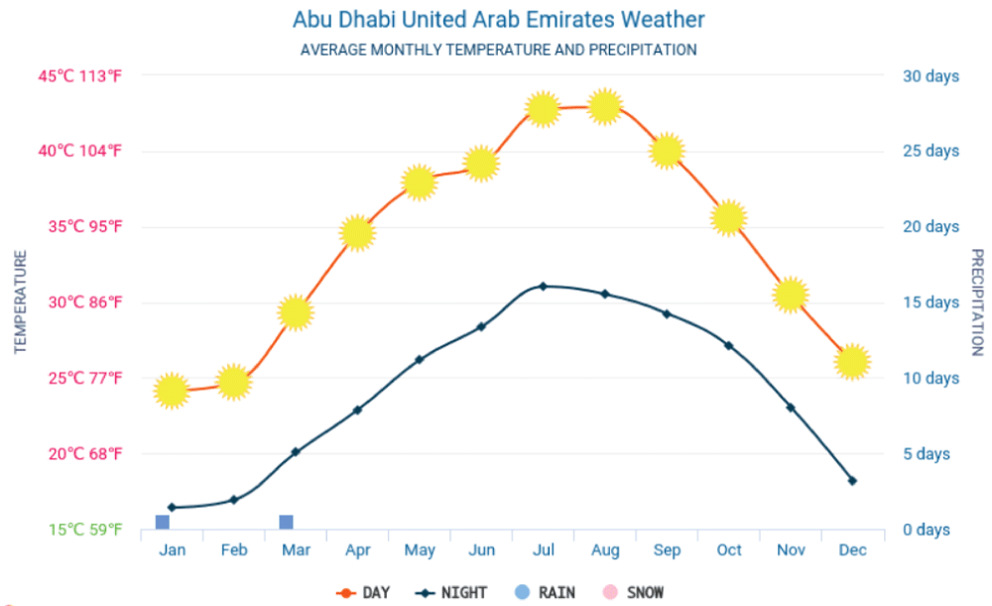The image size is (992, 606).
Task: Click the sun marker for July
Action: pyautogui.click(x=543, y=109)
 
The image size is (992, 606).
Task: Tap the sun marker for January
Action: pyautogui.click(x=172, y=391)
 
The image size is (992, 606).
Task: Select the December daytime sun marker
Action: pyautogui.click(x=852, y=362)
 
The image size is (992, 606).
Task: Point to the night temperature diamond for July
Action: pyautogui.click(x=543, y=286)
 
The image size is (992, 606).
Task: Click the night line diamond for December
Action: pyautogui.click(x=852, y=480)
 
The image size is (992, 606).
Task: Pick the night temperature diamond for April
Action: pyautogui.click(x=357, y=410)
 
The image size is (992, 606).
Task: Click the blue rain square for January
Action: pyautogui.click(x=162, y=522)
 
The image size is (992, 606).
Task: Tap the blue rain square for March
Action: pyautogui.click(x=286, y=522)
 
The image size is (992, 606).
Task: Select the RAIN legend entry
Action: pyautogui.click(x=545, y=593)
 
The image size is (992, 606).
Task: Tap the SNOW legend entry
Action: pyautogui.click(x=633, y=593)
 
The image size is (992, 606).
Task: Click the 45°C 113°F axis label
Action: pyautogui.click(x=85, y=75)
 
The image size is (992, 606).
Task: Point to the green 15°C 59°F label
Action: pyautogui.click(x=85, y=530)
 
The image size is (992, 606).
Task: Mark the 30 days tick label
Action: pyautogui.click(x=930, y=75)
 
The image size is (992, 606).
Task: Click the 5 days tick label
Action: pyautogui.click(x=927, y=454)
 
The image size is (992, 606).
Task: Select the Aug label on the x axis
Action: pyautogui.click(x=605, y=550)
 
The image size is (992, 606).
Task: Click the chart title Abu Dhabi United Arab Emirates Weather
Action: pyautogui.click(x=499, y=20)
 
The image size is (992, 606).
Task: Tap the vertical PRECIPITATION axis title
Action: pyautogui.click(x=976, y=303)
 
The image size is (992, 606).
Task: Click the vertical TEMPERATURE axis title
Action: pyautogui.click(x=21, y=303)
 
